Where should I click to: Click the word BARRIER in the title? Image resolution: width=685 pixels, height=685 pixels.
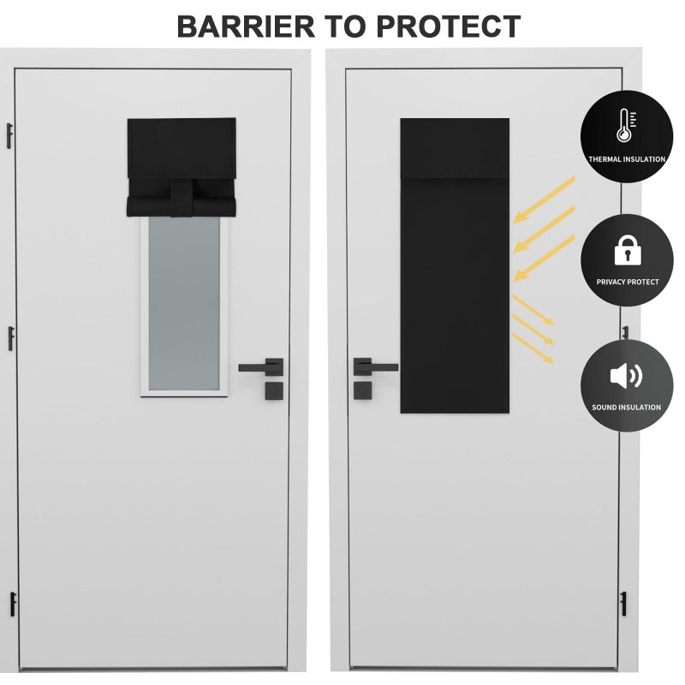coord(246,27)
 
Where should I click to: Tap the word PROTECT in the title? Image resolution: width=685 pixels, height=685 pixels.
coord(448,27)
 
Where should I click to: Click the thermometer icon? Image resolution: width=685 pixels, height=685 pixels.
coord(626,126)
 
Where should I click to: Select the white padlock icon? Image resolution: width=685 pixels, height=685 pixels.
coord(628,250)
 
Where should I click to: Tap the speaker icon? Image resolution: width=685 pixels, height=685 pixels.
coord(626,376)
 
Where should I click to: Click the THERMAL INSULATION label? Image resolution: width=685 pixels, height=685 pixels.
coord(627,159)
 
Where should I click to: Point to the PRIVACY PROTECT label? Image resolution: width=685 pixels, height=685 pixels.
coord(628,283)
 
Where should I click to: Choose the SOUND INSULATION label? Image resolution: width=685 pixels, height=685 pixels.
coord(627,408)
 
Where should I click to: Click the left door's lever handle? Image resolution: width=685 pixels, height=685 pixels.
coord(261,367)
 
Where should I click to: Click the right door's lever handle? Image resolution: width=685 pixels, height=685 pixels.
coord(375,367)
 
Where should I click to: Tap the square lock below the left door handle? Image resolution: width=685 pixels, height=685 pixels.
coord(274,390)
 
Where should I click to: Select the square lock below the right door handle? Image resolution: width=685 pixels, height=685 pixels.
coord(362,390)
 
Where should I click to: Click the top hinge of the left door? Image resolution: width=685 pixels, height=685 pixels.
coord(9,136)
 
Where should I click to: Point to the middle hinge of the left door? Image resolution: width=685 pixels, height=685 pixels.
coord(11,338)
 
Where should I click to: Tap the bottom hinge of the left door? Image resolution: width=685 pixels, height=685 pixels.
coord(13,605)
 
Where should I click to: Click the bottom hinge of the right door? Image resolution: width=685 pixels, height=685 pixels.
coord(623,604)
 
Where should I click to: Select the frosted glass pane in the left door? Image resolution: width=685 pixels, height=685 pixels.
coord(184,303)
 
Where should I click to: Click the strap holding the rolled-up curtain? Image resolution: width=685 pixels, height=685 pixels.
coord(182,197)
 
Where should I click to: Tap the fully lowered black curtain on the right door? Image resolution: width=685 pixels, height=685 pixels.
coord(455,265)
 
